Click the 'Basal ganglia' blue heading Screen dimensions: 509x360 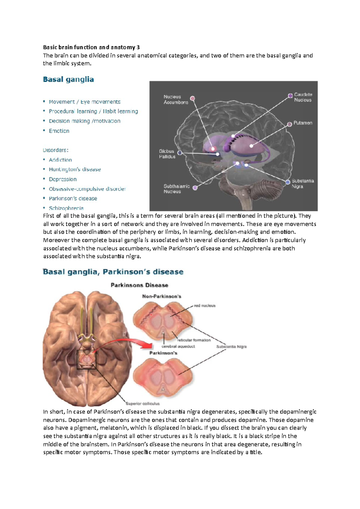tap(68, 79)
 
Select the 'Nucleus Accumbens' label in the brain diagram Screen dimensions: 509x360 tap(176, 100)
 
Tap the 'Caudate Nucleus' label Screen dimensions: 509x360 tap(303, 97)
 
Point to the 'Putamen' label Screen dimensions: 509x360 tap(303, 123)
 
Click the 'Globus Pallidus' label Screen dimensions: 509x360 tap(167, 154)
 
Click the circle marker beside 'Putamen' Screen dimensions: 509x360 tap(289, 124)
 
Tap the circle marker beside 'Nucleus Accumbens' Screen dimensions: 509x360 tap(193, 98)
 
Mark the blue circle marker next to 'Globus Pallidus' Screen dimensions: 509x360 tap(180, 153)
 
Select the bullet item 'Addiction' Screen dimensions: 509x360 tap(60, 160)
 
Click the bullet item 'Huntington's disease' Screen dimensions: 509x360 tap(75, 169)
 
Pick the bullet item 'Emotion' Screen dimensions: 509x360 tap(59, 131)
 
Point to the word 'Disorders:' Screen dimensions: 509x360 tap(55, 150)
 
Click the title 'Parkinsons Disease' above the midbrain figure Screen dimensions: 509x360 tap(139, 285)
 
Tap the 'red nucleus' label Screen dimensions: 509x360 tap(205, 305)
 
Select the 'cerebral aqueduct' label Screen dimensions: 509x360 tap(178, 346)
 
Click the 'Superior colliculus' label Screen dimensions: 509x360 tap(142, 403)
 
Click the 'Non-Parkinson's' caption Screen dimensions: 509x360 tap(162, 296)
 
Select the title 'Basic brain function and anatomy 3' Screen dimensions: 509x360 tap(91, 47)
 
